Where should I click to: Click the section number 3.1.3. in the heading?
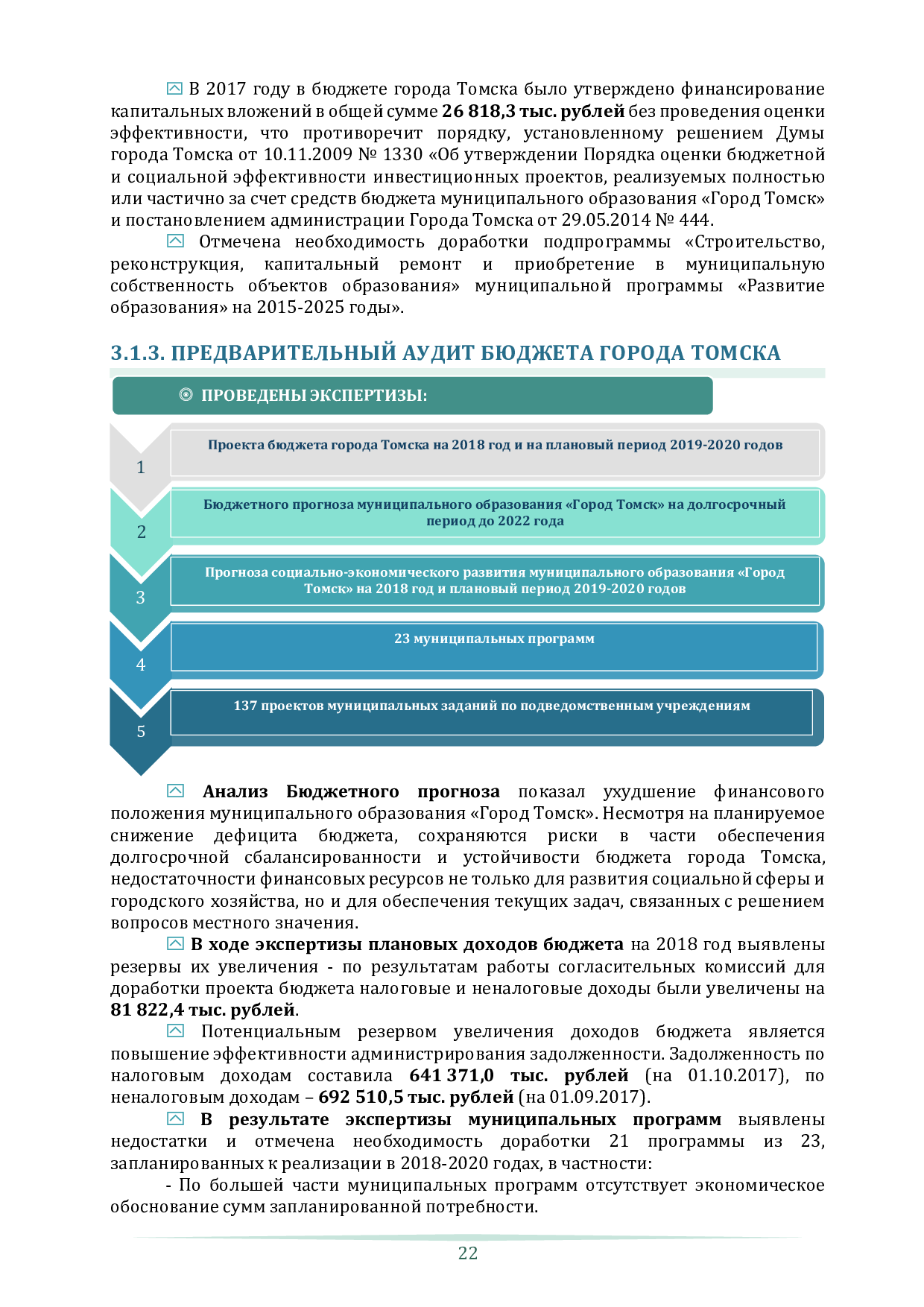tap(137, 353)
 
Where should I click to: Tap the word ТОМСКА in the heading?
tap(735, 353)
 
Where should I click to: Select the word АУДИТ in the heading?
tap(437, 353)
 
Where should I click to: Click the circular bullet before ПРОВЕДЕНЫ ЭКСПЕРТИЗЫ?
tap(186, 395)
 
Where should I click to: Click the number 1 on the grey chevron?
tap(140, 467)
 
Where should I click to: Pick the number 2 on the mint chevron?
tap(141, 532)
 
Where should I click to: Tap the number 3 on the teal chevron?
tap(140, 598)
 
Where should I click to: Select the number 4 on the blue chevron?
tap(141, 665)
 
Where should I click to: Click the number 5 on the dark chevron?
tap(141, 732)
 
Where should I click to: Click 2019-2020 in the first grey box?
tap(704, 446)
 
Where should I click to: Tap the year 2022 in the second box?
tap(513, 521)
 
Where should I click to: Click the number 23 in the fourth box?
tap(402, 639)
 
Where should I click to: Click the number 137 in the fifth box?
tap(245, 706)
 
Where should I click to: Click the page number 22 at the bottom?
tap(467, 1253)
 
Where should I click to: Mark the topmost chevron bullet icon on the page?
tap(174, 89)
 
